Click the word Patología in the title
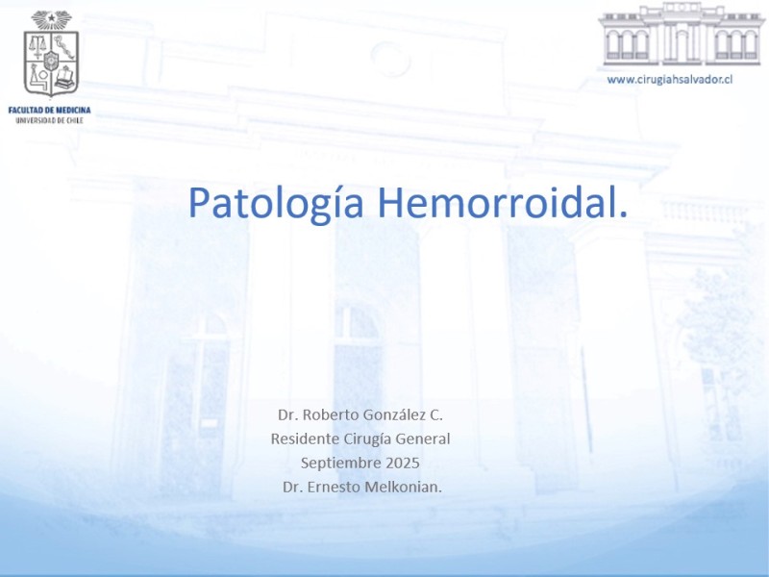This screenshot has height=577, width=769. pyautogui.click(x=276, y=204)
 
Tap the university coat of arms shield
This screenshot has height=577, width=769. pyautogui.click(x=52, y=63)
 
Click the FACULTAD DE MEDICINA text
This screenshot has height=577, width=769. pyautogui.click(x=50, y=110)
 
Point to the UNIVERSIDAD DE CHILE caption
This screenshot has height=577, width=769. pyautogui.click(x=50, y=120)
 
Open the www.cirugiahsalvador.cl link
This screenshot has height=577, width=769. pyautogui.click(x=669, y=80)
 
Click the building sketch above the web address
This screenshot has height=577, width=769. pyautogui.click(x=682, y=35)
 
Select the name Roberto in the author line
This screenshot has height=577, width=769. pyautogui.click(x=331, y=414)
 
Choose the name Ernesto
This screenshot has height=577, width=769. pyautogui.click(x=334, y=488)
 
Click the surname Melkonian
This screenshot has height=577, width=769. pyautogui.click(x=401, y=488)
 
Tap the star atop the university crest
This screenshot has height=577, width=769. pyautogui.click(x=52, y=18)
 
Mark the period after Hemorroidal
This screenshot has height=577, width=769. pyautogui.click(x=623, y=214)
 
